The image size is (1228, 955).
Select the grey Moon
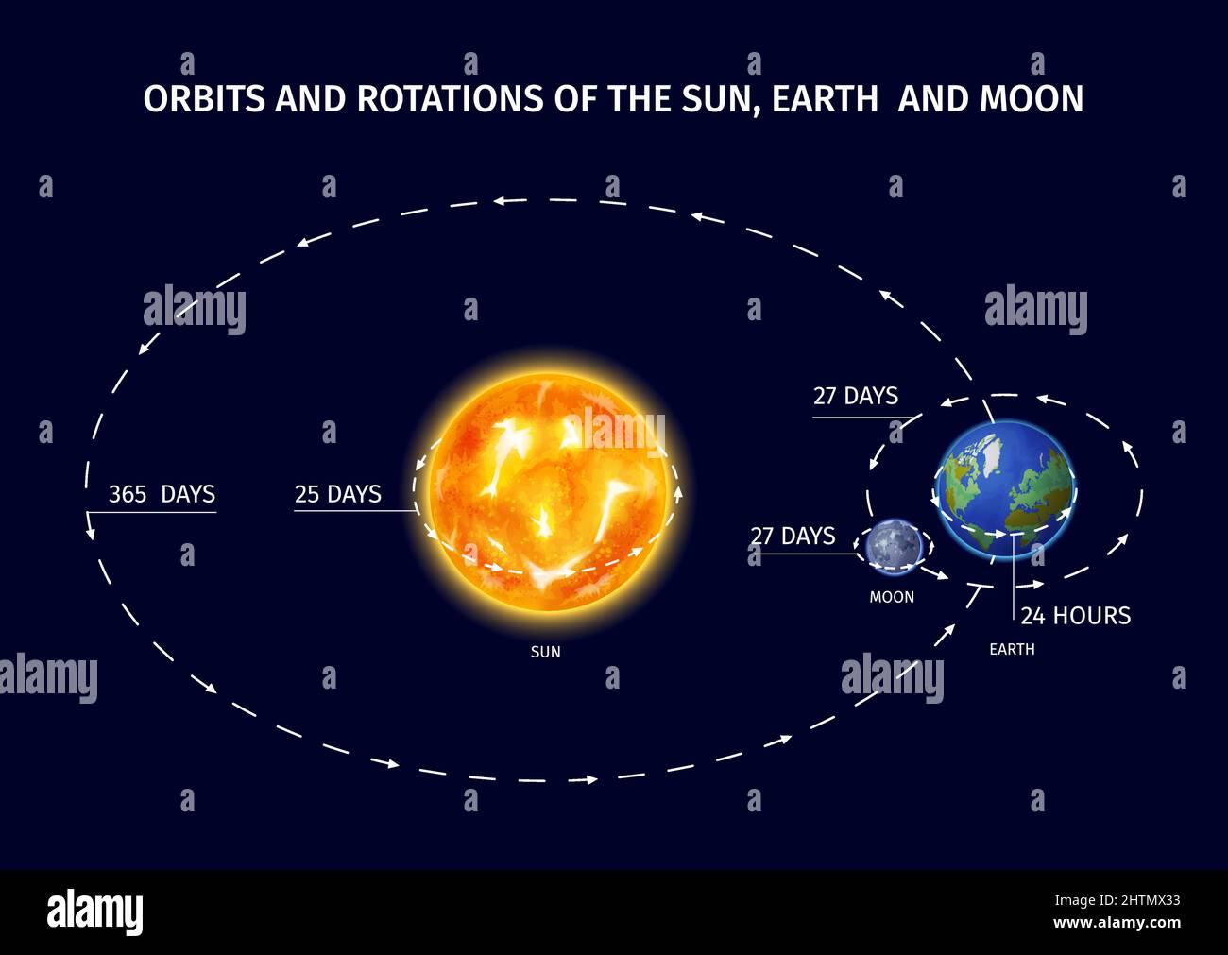click(x=892, y=546)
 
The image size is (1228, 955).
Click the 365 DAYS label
click(x=162, y=494)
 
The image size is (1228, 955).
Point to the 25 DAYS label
click(x=337, y=494)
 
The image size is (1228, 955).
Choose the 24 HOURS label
click(x=1075, y=616)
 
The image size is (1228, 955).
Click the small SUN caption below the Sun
click(x=545, y=652)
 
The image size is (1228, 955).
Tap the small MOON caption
click(x=892, y=597)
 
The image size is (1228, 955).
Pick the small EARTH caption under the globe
click(x=1012, y=650)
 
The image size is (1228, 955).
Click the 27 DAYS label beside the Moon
click(x=793, y=537)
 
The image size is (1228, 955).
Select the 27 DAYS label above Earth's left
click(x=855, y=396)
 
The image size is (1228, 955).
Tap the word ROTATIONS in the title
click(x=451, y=99)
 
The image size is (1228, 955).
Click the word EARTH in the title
click(x=825, y=99)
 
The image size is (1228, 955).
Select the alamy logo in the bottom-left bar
click(x=94, y=912)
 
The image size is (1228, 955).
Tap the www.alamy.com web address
click(x=1117, y=923)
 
